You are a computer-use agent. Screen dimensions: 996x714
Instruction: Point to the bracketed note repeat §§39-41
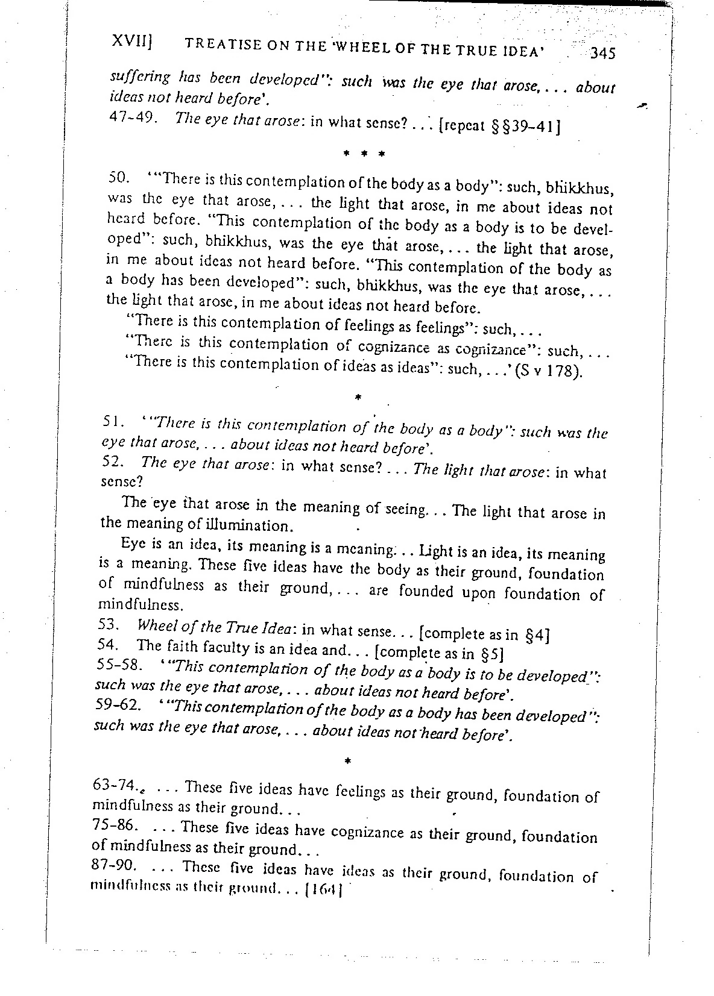[501, 126]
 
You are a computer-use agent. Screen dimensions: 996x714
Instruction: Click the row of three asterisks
[363, 154]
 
